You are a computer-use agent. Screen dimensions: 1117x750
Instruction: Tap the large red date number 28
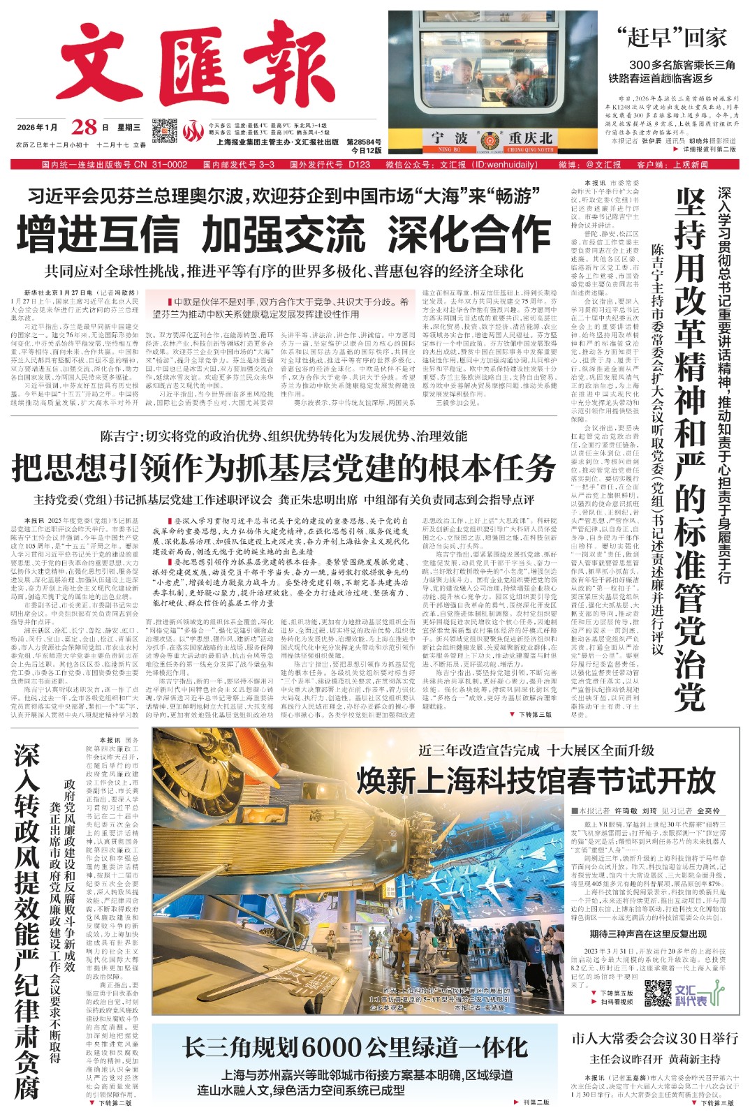(x=84, y=128)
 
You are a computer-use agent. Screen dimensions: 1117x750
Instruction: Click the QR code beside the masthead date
(x=165, y=131)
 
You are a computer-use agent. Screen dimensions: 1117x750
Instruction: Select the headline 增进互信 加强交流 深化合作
(x=284, y=234)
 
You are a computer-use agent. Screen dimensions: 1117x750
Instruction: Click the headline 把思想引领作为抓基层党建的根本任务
(x=284, y=468)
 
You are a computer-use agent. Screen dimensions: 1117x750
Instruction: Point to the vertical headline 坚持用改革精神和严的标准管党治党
(x=689, y=447)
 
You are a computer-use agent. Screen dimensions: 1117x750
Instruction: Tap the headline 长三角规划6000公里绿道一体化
(x=355, y=1047)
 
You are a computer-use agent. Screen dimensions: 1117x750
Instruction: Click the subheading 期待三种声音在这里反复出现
(x=647, y=933)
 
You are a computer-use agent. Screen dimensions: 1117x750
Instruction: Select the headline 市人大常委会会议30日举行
(x=655, y=1038)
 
